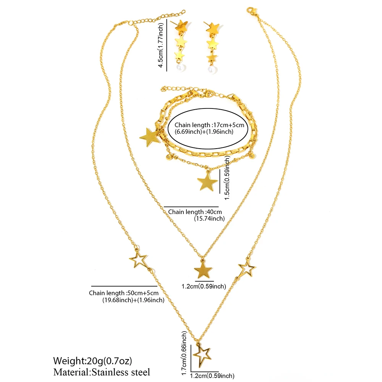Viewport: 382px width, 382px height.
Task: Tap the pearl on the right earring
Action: coord(212,69)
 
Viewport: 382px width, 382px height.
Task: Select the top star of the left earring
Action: coord(182,26)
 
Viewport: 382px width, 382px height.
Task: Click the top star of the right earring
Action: coord(213,28)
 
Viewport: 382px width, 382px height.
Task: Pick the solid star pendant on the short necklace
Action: coord(203,269)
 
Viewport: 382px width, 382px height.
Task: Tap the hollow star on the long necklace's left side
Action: coord(138,259)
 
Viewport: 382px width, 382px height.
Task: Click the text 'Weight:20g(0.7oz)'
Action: coord(92,361)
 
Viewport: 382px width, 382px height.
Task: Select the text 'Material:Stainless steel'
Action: coord(102,372)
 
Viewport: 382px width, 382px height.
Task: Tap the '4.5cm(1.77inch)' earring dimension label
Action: coord(160,45)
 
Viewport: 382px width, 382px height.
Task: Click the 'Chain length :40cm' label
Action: coord(195,212)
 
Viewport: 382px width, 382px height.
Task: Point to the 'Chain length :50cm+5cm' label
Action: coord(123,293)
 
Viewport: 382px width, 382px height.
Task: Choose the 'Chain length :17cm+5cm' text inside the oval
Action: coord(209,125)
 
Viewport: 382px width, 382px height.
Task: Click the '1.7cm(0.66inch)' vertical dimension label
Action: coord(184,353)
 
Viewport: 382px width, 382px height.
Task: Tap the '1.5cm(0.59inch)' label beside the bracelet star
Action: coord(227,178)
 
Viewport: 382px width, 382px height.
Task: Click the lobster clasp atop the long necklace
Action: coord(251,11)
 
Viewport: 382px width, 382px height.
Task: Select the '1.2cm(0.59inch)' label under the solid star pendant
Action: coord(204,286)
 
